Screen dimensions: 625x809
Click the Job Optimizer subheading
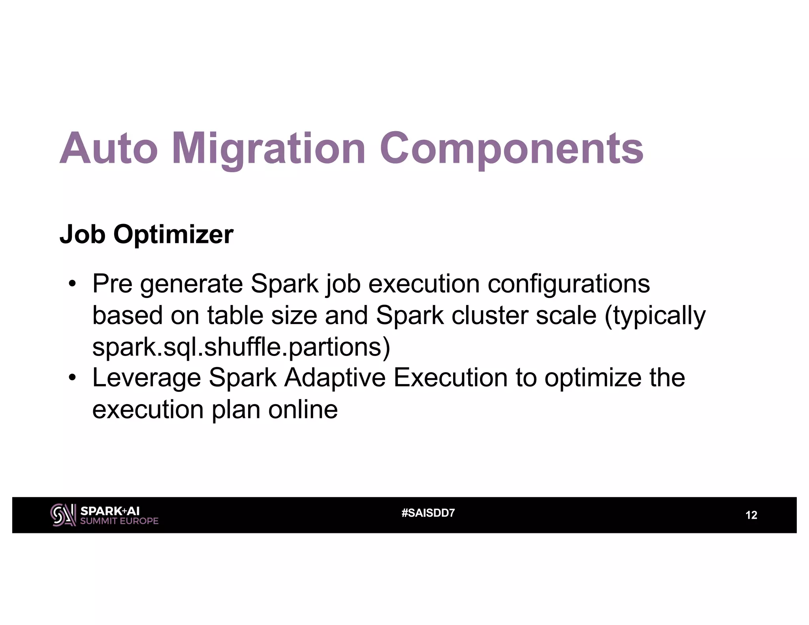pos(146,235)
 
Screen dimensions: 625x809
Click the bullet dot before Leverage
pos(71,378)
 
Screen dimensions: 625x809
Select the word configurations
pos(568,284)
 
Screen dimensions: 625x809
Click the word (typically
pos(655,316)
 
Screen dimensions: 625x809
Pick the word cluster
pos(489,316)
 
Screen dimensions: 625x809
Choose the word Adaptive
pos(335,378)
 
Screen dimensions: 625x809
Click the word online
pos(303,409)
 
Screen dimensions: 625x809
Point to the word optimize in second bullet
pos(593,378)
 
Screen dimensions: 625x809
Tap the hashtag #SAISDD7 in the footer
pos(428,513)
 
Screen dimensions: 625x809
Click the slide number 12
pos(751,515)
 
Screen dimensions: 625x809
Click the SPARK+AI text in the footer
pos(110,511)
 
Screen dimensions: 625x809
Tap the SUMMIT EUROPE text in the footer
pos(119,521)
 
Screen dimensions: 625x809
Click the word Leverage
pos(147,378)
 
